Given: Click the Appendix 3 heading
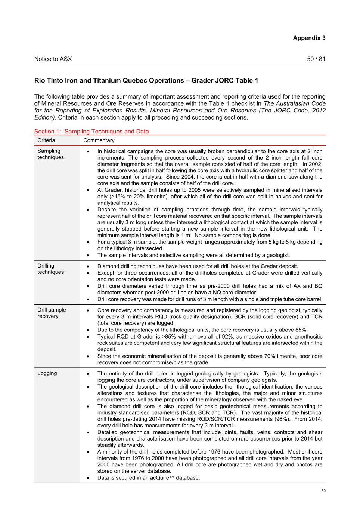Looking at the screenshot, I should pos(309,38).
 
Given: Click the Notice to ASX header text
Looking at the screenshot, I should pos(53,59).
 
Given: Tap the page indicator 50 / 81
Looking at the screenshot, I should pos(316,59).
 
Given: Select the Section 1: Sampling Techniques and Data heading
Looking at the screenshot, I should pos(91,132).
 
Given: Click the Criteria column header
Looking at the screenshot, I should pos(46,140).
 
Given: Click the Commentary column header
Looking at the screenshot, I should pos(99,140).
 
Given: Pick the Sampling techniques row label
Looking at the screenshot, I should pos(50,154).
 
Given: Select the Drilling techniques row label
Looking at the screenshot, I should pos(50,269).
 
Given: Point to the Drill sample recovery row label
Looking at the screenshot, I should pos(52,313).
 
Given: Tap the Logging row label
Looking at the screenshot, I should pos(47,373).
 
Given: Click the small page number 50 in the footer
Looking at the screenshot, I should pos(323,491).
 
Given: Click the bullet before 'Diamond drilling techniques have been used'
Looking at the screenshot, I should pos(87,266).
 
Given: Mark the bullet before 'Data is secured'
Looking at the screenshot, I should pos(87,478).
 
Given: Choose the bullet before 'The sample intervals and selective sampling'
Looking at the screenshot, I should pos(87,255).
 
